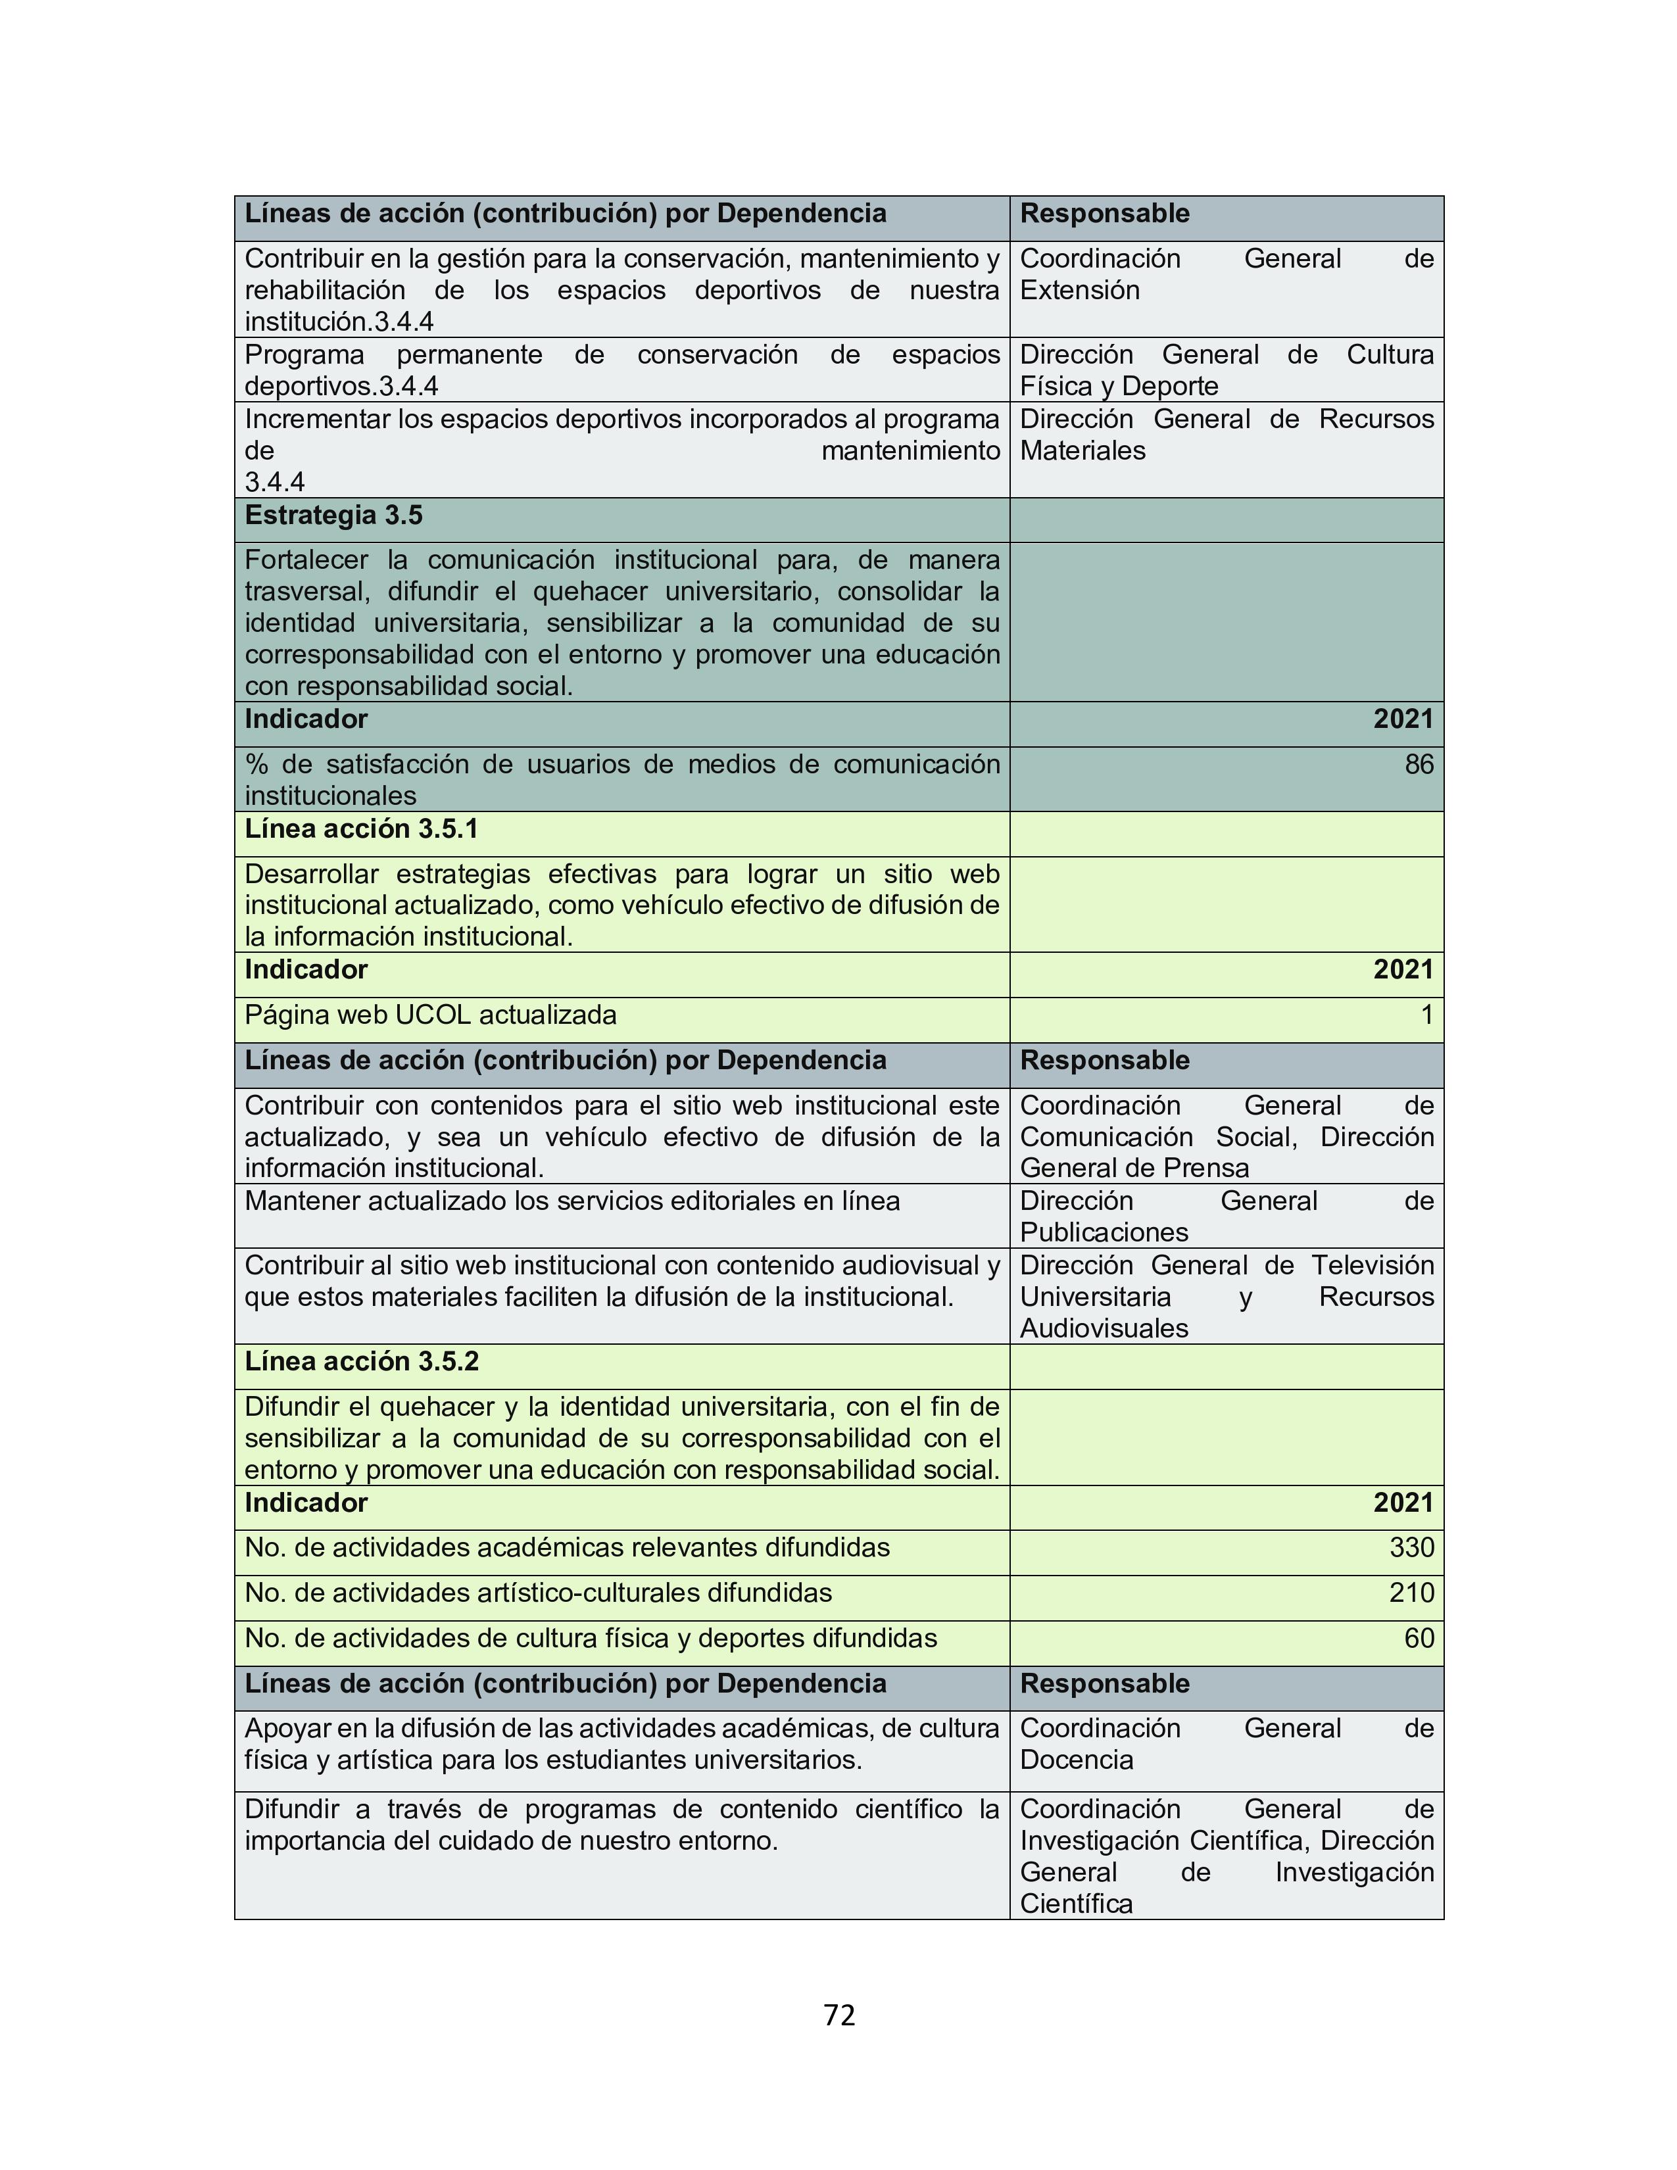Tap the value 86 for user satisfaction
(x=1419, y=764)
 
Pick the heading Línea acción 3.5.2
(x=362, y=1361)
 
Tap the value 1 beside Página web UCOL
(x=1426, y=1015)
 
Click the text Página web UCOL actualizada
(x=430, y=1015)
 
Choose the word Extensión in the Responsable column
(x=1080, y=290)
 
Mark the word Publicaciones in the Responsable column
(x=1104, y=1232)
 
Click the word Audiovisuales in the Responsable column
(x=1104, y=1328)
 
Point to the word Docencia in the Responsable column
(x=1077, y=1760)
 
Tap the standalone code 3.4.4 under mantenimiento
(x=274, y=482)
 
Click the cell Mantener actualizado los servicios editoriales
(x=572, y=1201)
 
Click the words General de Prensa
(x=1134, y=1167)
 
